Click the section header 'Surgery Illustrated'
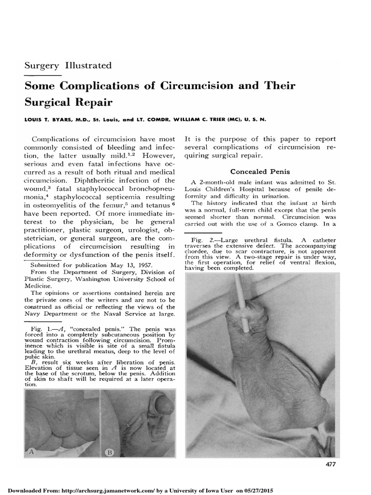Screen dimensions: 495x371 [x=68, y=65]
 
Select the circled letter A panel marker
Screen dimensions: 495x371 [x=31, y=452]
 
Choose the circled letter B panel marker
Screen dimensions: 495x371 [x=109, y=453]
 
